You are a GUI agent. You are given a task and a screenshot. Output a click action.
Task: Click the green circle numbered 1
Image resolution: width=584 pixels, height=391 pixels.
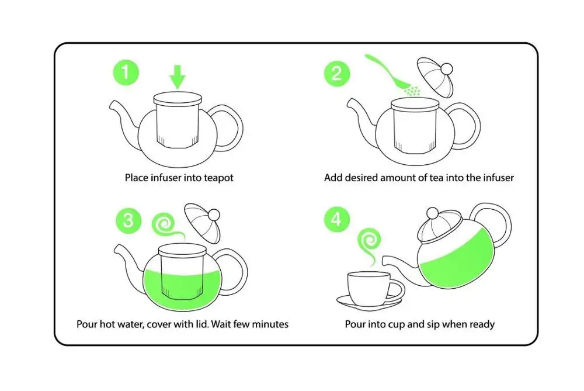click(126, 74)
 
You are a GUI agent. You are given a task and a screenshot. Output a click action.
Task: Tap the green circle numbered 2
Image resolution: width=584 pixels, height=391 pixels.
click(336, 74)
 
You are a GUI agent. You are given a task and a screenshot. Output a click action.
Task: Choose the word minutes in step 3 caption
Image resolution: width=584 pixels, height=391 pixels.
click(270, 323)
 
